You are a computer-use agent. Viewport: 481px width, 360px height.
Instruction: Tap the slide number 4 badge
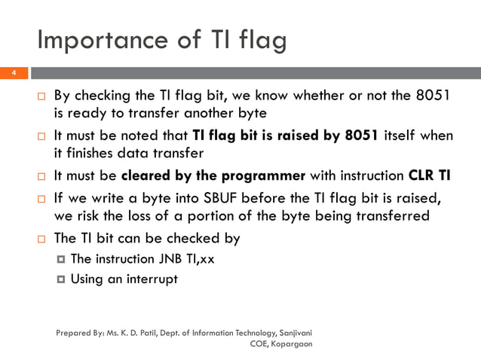13,73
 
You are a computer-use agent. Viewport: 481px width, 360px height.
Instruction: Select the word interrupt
152,279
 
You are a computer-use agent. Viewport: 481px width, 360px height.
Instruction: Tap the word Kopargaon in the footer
290,343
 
